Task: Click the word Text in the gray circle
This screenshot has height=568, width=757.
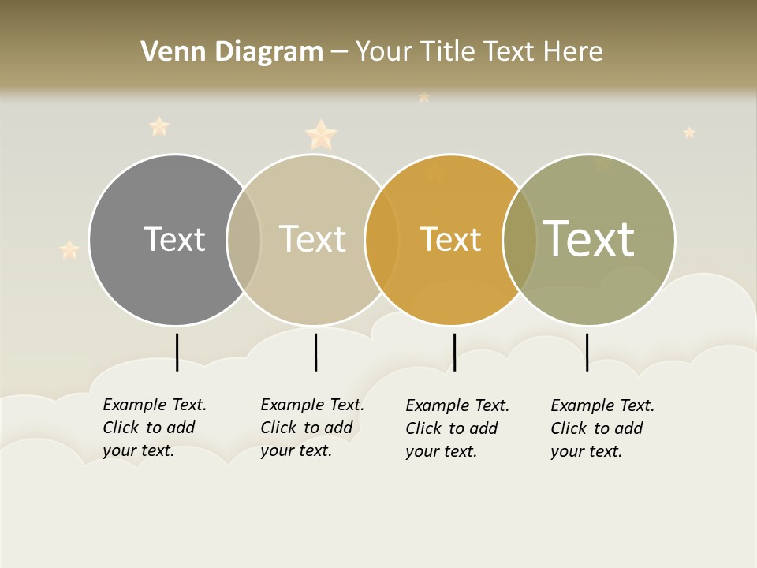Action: click(x=174, y=239)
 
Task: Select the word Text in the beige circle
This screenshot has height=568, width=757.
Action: click(x=312, y=239)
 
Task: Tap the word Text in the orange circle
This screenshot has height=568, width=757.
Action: click(x=450, y=239)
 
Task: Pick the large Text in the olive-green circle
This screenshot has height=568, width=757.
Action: click(x=588, y=238)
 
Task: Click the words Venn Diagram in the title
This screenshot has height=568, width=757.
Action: click(x=232, y=52)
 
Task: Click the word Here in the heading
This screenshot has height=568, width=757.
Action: click(x=573, y=52)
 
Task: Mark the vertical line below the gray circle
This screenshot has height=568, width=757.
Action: click(x=177, y=352)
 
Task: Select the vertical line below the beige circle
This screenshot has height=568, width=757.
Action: click(x=315, y=352)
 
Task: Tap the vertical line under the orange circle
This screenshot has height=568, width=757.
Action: click(x=454, y=352)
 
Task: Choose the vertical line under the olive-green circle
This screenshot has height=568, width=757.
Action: click(x=587, y=352)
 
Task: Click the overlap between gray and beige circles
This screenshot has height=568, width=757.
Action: click(x=244, y=240)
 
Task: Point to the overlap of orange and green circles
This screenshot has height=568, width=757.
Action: click(x=520, y=240)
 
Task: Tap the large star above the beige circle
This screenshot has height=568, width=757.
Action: click(x=321, y=135)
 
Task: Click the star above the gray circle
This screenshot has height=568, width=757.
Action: click(x=159, y=126)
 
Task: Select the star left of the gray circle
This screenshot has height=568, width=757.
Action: click(x=69, y=250)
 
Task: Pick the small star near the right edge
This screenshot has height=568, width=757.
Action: click(x=689, y=133)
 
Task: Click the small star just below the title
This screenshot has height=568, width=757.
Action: click(x=423, y=97)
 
